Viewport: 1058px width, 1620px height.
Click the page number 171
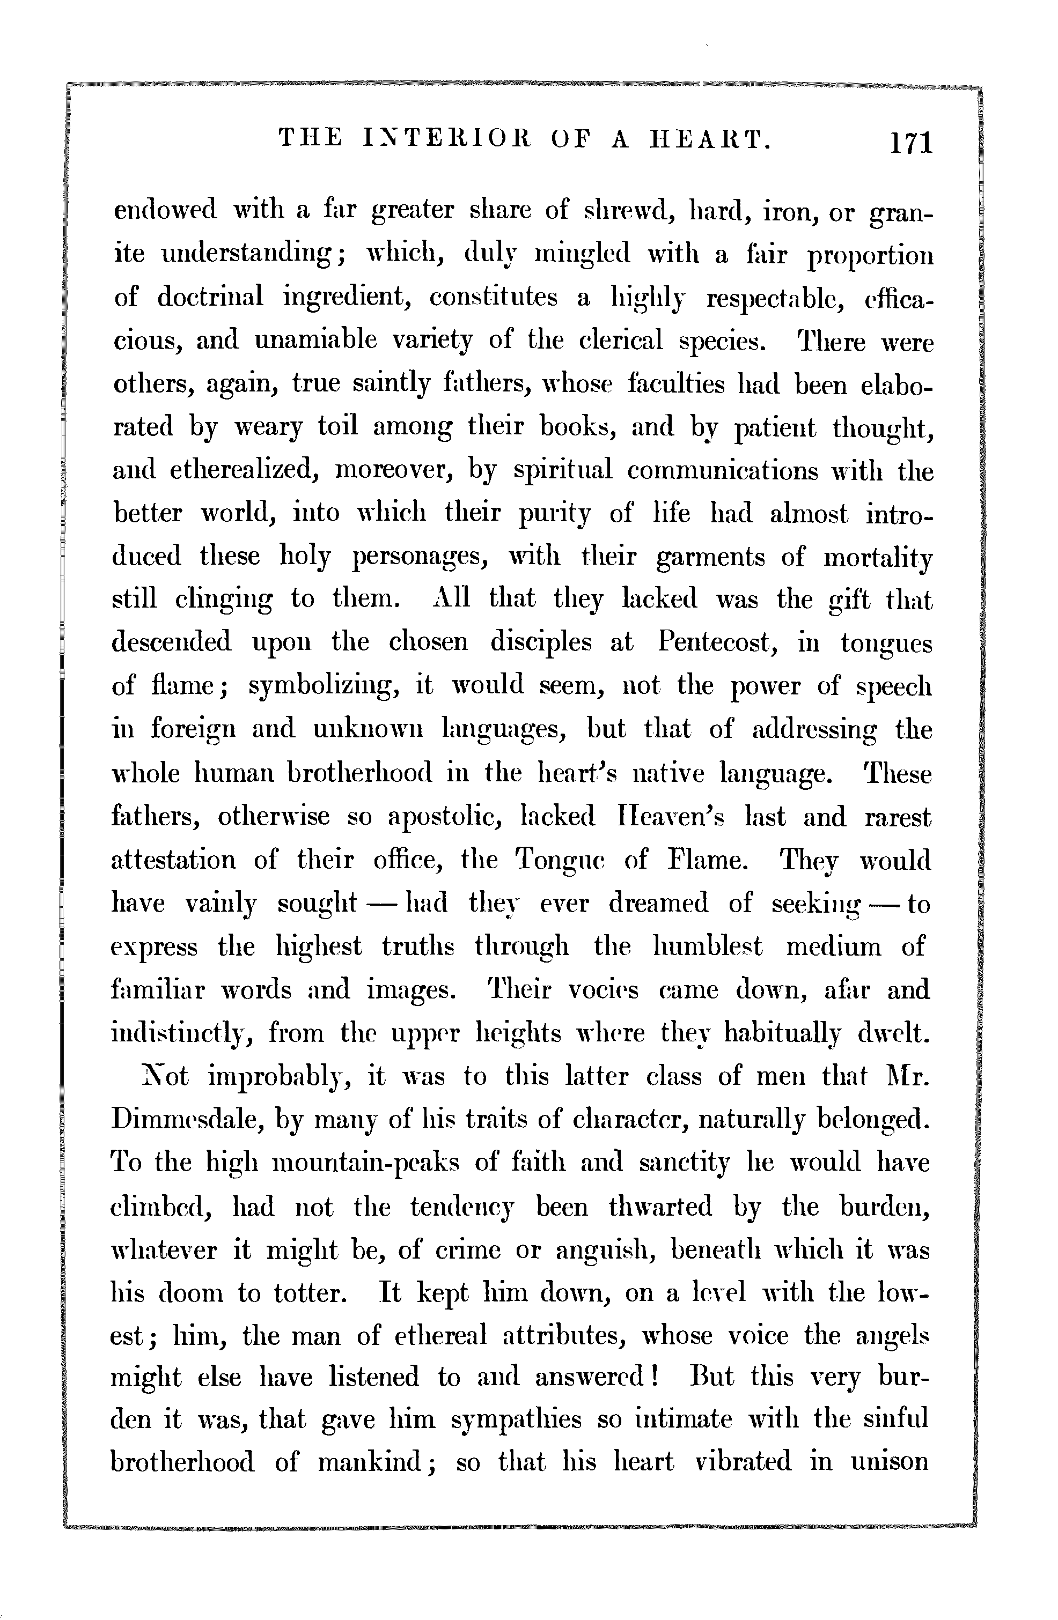pyautogui.click(x=908, y=144)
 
